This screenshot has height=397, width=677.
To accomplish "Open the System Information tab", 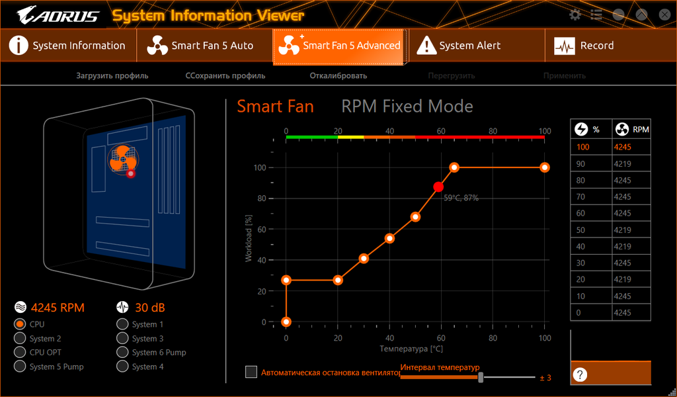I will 69,46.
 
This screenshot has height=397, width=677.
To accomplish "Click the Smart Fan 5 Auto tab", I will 204,46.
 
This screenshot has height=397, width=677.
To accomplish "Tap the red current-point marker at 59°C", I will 438,187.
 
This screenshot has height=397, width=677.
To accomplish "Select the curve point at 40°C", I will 389,238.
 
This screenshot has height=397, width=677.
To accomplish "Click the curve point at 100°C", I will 545,167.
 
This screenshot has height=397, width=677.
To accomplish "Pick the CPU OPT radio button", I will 19,353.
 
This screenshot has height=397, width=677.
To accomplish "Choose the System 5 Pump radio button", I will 19,367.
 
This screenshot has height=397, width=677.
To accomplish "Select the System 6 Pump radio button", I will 122,353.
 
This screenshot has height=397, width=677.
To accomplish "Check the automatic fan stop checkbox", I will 251,372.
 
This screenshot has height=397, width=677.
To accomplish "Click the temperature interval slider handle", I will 481,377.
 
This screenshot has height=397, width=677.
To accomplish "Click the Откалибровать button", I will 338,75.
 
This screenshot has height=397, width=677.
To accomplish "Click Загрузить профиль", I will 112,75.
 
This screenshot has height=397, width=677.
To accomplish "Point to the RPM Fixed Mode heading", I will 407,107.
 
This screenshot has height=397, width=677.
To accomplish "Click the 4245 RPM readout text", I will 58,308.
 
